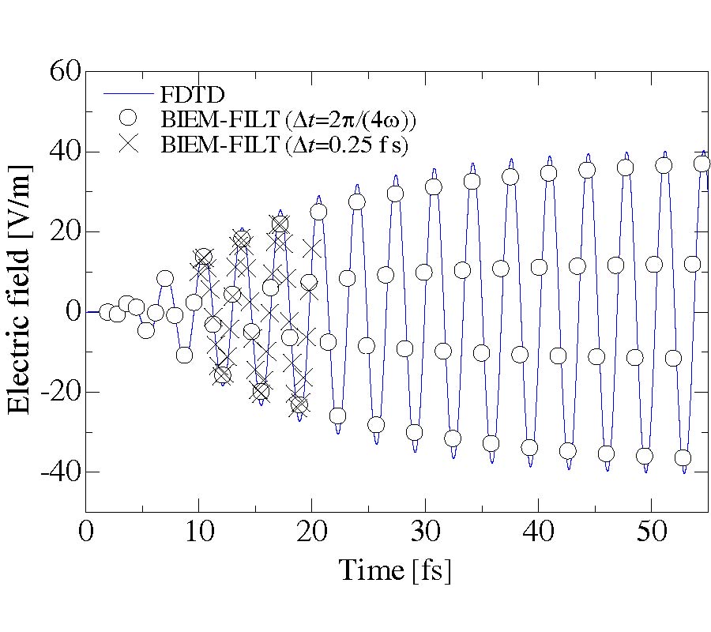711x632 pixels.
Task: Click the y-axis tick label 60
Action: click(x=61, y=73)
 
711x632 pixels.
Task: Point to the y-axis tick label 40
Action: click(x=61, y=152)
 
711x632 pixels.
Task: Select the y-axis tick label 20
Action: click(x=61, y=232)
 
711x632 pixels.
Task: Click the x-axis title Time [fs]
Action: click(x=395, y=570)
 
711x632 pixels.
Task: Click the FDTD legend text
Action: click(x=193, y=95)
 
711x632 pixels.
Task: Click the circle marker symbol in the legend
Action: click(x=128, y=120)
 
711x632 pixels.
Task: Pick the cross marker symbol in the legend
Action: click(x=128, y=145)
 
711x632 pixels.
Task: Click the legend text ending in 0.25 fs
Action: click(x=289, y=145)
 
